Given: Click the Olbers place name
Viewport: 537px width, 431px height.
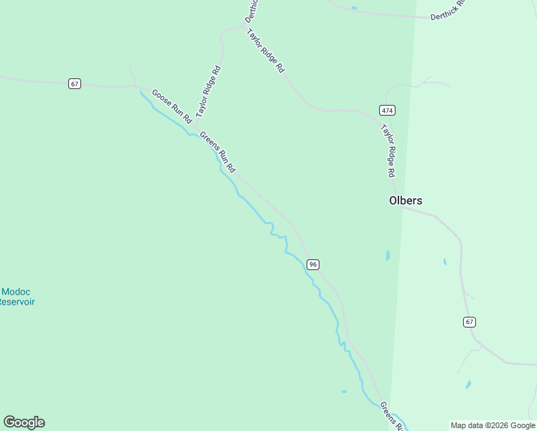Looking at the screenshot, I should click(406, 201).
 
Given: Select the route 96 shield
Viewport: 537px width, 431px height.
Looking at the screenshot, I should click(312, 264).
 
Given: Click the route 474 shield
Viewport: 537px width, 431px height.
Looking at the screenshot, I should click(387, 110).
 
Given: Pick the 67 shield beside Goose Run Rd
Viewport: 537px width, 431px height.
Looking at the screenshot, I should click(75, 84).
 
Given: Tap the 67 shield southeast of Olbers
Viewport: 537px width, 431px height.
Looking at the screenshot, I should click(470, 321).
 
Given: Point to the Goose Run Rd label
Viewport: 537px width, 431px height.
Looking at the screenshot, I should click(172, 106).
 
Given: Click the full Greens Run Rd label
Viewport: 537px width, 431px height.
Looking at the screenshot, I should click(218, 151).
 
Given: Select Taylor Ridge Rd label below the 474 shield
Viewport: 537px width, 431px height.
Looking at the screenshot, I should click(388, 151).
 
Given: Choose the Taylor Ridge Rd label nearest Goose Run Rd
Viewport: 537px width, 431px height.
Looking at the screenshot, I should click(208, 91).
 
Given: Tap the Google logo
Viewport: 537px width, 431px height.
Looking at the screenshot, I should click(24, 422).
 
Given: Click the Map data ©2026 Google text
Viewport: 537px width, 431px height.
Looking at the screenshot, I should click(493, 425).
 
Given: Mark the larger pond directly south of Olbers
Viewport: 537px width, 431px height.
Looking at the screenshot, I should click(388, 255).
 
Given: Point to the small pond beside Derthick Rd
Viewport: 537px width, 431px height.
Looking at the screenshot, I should click(354, 8).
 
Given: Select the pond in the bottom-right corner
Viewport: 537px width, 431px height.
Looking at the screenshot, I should click(468, 385).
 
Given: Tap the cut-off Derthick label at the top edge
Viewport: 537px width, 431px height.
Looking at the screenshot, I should click(251, 9).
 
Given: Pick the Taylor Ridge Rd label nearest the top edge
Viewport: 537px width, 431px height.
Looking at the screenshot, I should click(266, 51).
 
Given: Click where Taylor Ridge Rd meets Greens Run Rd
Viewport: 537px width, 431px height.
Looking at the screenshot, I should click(195, 128).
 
